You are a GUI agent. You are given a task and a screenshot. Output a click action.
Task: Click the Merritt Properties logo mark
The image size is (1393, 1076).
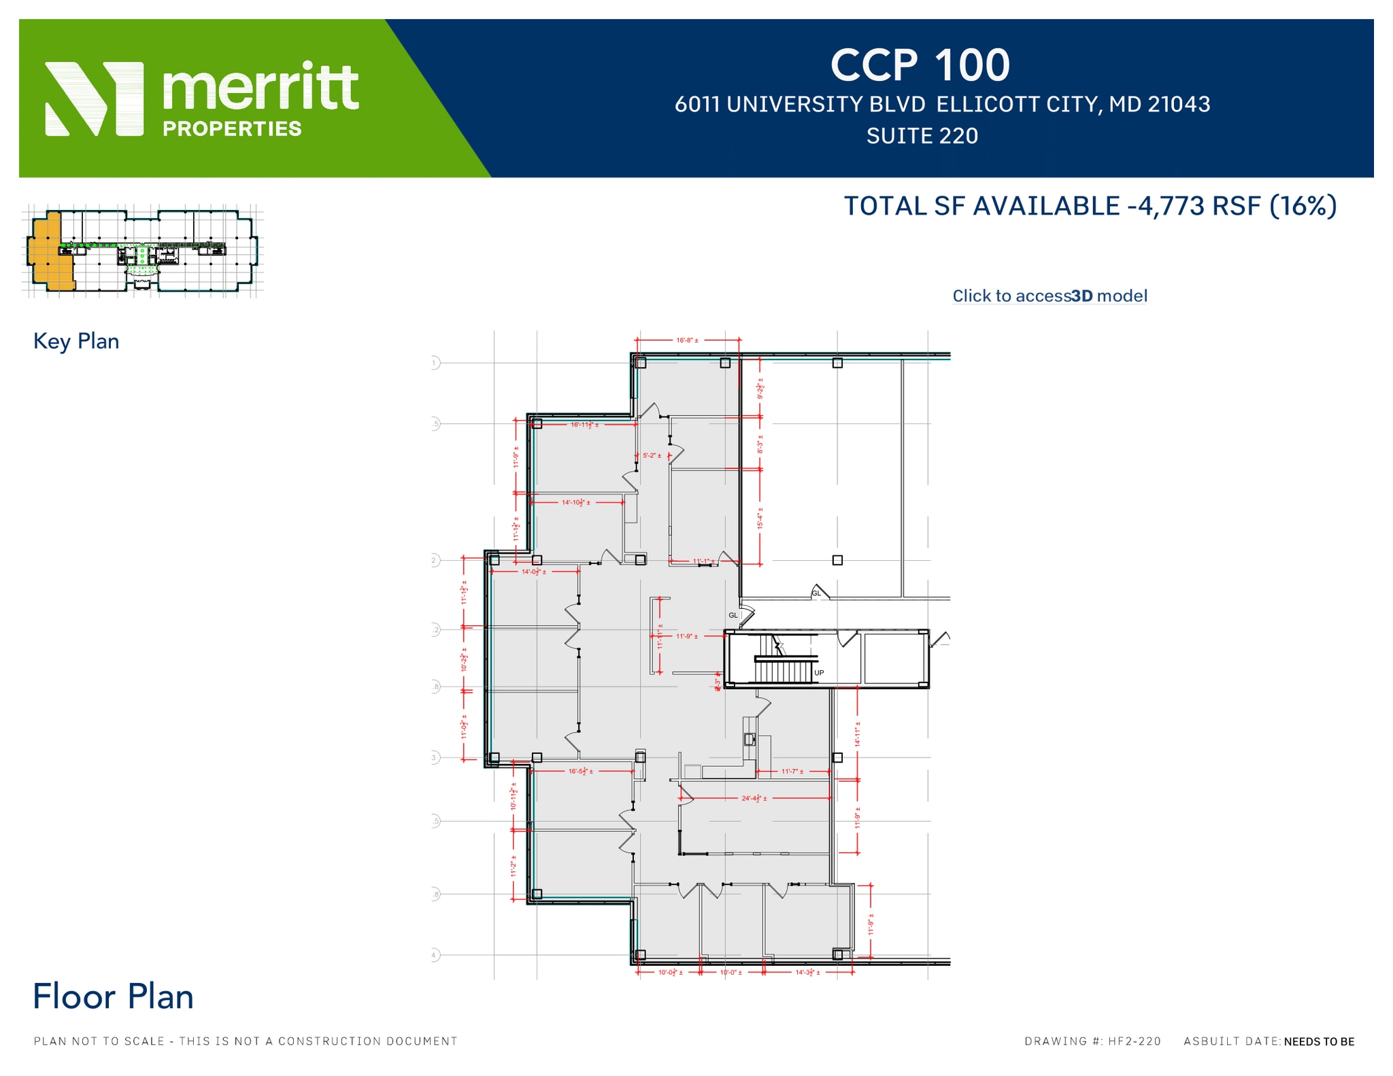click(94, 99)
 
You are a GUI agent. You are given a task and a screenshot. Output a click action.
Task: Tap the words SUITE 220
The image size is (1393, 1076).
click(922, 136)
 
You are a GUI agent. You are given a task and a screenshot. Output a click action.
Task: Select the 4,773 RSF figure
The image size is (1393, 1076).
click(1199, 206)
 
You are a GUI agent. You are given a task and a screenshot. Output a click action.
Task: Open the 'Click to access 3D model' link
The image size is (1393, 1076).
click(1049, 296)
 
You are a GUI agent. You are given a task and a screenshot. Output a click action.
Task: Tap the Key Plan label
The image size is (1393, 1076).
click(76, 341)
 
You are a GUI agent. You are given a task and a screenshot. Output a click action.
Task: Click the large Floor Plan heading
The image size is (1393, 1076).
click(113, 996)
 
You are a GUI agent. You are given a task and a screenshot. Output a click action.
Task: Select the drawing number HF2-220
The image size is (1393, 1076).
click(1134, 1041)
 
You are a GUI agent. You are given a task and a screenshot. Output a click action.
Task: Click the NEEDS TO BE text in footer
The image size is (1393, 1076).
click(1319, 1041)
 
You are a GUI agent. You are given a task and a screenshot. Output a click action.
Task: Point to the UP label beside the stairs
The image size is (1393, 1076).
click(819, 673)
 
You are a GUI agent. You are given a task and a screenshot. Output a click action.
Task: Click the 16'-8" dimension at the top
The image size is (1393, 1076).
click(687, 340)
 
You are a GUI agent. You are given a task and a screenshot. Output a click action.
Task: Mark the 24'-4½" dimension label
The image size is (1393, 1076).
click(754, 798)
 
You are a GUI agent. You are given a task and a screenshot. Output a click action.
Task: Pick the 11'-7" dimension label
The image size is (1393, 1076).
click(792, 771)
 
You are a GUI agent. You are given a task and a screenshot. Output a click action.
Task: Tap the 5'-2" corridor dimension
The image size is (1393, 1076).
click(652, 455)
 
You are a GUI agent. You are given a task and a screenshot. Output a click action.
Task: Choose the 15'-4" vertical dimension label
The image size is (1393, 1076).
click(760, 518)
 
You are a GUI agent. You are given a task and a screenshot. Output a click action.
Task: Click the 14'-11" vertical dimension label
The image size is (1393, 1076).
click(858, 734)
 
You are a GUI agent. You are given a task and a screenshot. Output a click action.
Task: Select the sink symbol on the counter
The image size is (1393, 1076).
click(750, 740)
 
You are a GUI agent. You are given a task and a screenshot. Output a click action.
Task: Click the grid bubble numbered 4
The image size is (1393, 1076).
click(434, 955)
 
